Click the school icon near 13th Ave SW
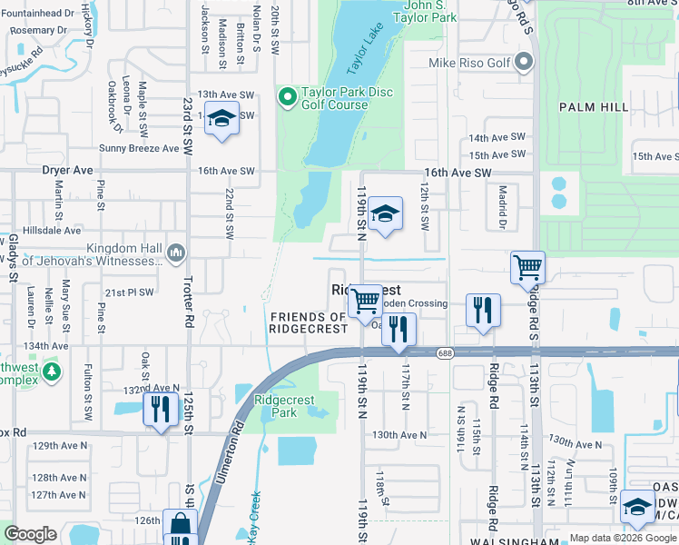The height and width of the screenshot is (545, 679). [x=221, y=119]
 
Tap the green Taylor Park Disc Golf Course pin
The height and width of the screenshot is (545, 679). [x=288, y=96]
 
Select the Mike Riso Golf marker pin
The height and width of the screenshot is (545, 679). [x=524, y=63]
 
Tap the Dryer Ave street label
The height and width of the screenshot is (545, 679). [x=67, y=170]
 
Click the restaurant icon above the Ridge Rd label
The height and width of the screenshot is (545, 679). [x=483, y=310]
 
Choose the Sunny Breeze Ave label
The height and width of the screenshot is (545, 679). [x=139, y=148]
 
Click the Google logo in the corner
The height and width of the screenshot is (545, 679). [x=31, y=534]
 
